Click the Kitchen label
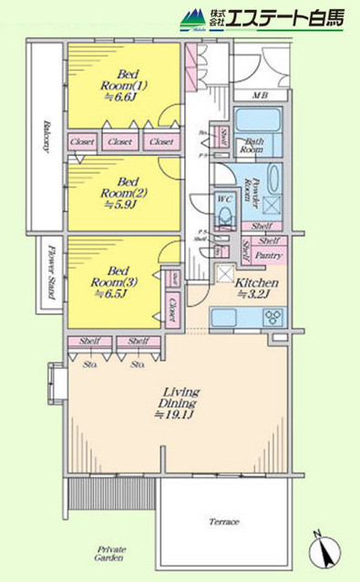(251, 289)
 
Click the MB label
(259, 94)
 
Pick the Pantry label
(269, 256)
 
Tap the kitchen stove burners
(272, 317)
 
